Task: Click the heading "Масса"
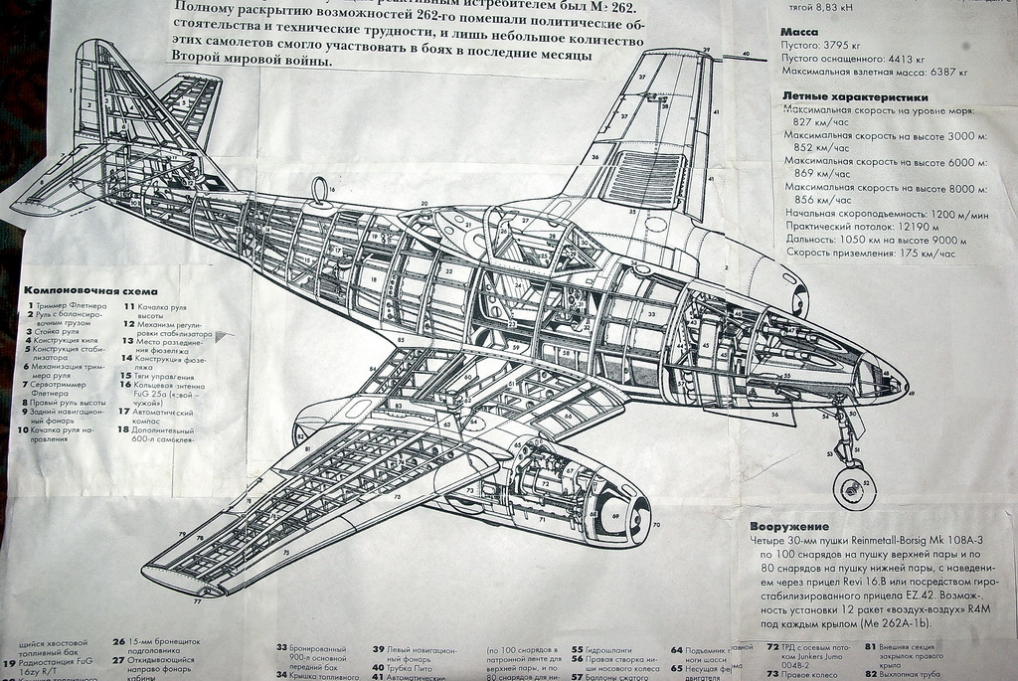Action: (x=799, y=32)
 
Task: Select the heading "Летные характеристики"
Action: (x=856, y=97)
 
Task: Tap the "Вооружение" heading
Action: (x=790, y=526)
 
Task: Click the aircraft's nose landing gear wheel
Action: (x=853, y=489)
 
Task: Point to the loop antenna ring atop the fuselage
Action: (x=319, y=189)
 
